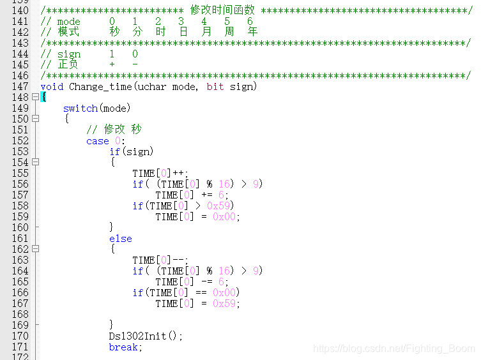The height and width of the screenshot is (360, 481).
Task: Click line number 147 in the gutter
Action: pyautogui.click(x=20, y=86)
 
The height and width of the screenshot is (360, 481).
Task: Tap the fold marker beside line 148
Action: pyautogui.click(x=35, y=97)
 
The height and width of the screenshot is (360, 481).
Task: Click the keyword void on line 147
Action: pyautogui.click(x=52, y=86)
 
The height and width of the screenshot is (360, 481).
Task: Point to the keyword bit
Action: pyautogui.click(x=215, y=86)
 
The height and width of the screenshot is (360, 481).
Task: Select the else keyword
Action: pyautogui.click(x=121, y=239)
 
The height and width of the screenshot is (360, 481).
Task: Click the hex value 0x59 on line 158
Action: pyautogui.click(x=221, y=206)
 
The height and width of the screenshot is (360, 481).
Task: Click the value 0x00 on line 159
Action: pyautogui.click(x=227, y=216)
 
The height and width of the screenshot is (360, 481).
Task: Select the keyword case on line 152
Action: pyautogui.click(x=98, y=141)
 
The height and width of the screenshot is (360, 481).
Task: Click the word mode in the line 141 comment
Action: pyautogui.click(x=69, y=21)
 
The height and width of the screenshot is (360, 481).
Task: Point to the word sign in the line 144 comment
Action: pyautogui.click(x=69, y=54)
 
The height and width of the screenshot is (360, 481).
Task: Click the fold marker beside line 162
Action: pyautogui.click(x=35, y=250)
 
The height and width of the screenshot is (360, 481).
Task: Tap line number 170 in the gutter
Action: pyautogui.click(x=20, y=336)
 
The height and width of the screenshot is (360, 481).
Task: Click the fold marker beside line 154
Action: pyautogui.click(x=35, y=162)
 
